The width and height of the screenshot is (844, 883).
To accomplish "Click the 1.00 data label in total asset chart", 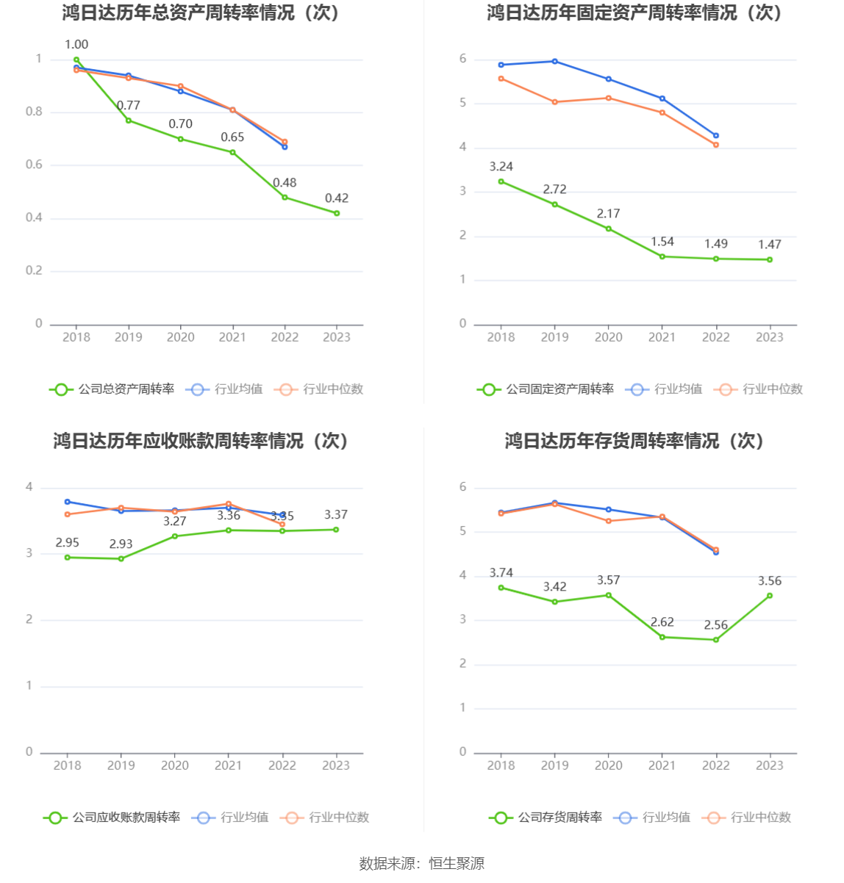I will point(76,45).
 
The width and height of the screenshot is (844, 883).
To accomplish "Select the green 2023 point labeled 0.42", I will point(337,213).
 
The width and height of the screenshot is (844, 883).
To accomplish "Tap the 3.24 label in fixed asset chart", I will point(501,167).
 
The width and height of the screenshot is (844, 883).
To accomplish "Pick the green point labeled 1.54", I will point(662,256).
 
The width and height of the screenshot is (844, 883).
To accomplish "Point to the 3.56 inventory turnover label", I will point(770,581).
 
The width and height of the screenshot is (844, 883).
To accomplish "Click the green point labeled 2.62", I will point(662,637).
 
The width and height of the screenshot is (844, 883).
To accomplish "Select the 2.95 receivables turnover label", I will point(68,543).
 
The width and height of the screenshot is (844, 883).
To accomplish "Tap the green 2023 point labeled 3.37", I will point(336,530).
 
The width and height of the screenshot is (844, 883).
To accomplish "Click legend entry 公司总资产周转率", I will point(126,389).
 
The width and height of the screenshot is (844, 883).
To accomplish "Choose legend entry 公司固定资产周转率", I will point(559,389).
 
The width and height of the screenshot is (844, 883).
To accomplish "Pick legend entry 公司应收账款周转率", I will point(126,818).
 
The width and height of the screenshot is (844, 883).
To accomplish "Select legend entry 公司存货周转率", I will point(559,818).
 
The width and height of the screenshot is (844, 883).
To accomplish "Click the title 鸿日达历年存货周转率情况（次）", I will point(634,441).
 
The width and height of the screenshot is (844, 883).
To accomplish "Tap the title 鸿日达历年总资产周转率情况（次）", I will point(201,12).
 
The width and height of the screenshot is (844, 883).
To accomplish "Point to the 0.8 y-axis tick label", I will point(35,112).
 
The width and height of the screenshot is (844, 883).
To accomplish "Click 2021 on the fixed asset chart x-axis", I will point(662,337).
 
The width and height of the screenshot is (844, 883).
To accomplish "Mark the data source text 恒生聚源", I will point(457,864).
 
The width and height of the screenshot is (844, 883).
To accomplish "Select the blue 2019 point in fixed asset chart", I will point(555,61).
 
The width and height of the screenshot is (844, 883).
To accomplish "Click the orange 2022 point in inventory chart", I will point(716,549).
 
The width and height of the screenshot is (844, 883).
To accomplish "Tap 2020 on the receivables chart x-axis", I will point(175,765).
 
